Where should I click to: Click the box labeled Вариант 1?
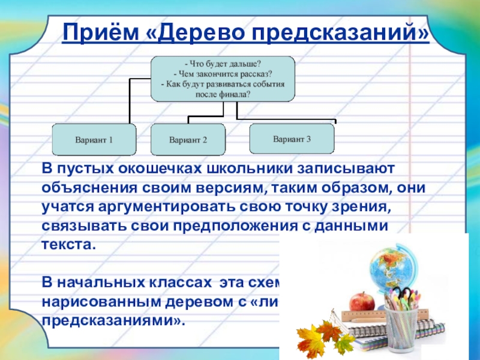tap(94, 140)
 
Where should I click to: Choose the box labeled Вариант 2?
tap(188, 140)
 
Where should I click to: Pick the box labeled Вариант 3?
tap(292, 139)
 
